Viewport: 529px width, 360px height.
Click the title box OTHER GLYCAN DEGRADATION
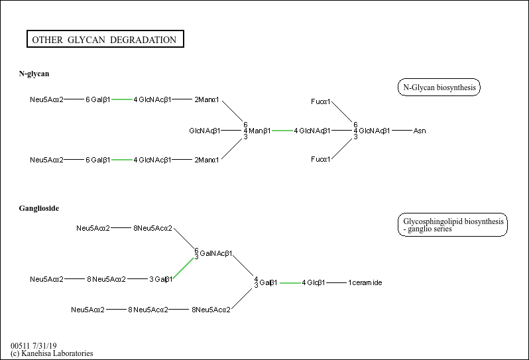click(x=104, y=40)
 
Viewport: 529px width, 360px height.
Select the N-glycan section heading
click(x=34, y=74)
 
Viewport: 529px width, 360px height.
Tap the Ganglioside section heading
click(x=39, y=209)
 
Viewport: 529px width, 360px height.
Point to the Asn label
click(x=420, y=131)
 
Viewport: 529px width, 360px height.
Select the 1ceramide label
click(x=365, y=283)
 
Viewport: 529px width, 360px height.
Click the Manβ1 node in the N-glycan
click(x=260, y=131)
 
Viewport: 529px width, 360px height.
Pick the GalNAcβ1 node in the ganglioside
click(x=215, y=253)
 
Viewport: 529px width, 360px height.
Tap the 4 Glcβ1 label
click(x=314, y=283)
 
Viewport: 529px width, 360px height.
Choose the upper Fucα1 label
click(x=321, y=101)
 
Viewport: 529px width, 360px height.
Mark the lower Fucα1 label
click(x=321, y=160)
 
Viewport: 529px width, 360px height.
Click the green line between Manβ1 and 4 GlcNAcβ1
click(x=282, y=131)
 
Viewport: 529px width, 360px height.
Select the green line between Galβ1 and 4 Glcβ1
click(x=290, y=283)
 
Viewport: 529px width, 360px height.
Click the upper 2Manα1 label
click(x=207, y=100)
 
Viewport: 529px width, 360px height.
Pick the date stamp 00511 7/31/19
click(x=34, y=346)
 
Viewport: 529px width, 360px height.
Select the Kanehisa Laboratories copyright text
click(x=52, y=353)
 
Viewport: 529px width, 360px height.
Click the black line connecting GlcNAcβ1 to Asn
click(x=402, y=131)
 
